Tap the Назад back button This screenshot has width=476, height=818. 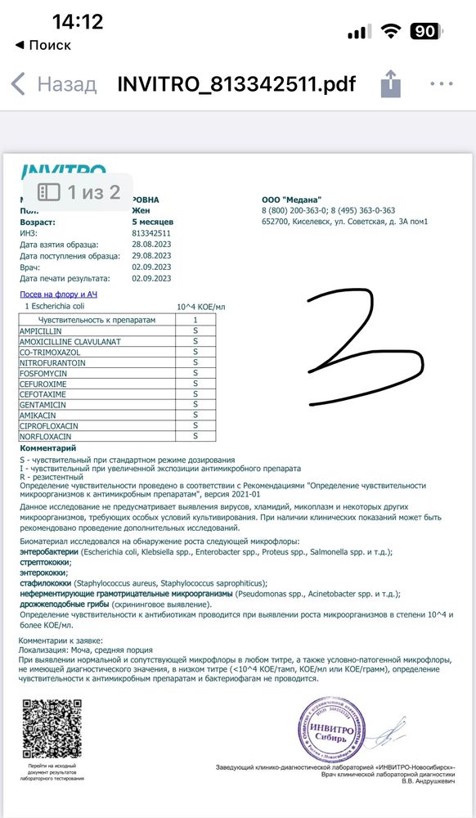pyautogui.click(x=53, y=83)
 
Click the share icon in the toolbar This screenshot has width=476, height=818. pyautogui.click(x=391, y=83)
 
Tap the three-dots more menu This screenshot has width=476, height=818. pyautogui.click(x=442, y=83)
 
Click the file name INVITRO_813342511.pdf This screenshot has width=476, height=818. pyautogui.click(x=236, y=83)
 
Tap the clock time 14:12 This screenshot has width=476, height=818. pyautogui.click(x=78, y=22)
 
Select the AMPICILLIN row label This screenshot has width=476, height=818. pyautogui.click(x=42, y=330)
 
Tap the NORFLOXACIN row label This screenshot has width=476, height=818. pyautogui.click(x=48, y=436)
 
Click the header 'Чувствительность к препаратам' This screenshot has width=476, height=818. pyautogui.click(x=97, y=320)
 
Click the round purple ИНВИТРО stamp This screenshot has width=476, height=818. pyautogui.click(x=330, y=730)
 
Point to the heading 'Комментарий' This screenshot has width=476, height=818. pyautogui.click(x=47, y=448)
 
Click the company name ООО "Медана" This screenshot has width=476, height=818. pyautogui.click(x=292, y=200)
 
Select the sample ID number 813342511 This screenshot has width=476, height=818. pyautogui.click(x=152, y=233)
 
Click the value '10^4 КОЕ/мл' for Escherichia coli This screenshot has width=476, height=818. pyautogui.click(x=200, y=306)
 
